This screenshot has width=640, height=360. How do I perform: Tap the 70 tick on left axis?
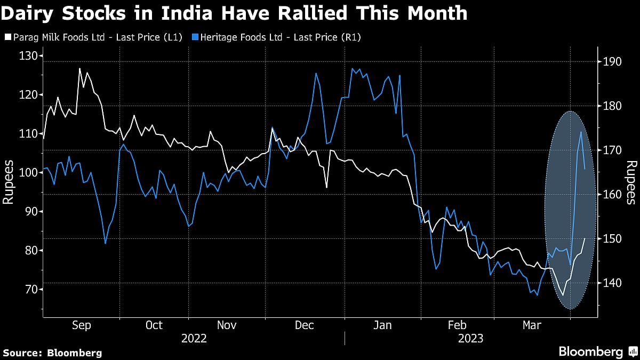(x=29, y=290)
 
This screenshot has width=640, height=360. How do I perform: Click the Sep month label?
(x=81, y=325)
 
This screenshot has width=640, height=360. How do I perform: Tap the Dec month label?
(x=304, y=325)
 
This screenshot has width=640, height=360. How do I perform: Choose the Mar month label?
(x=531, y=325)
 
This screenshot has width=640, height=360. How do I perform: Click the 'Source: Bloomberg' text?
(x=52, y=353)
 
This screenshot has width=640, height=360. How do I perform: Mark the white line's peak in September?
(x=79, y=68)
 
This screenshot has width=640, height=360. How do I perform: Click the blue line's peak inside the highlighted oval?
(x=581, y=132)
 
